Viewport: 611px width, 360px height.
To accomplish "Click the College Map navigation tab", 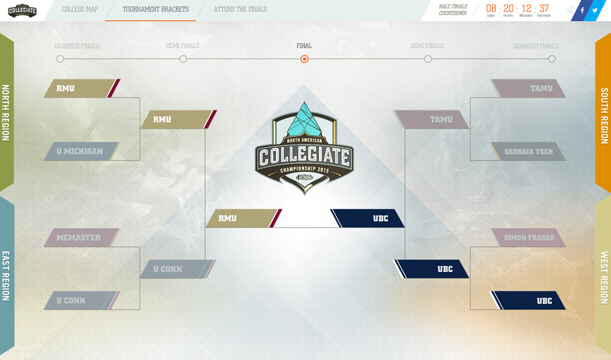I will click(80, 10).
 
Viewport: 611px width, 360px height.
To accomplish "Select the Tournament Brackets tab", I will click(156, 10).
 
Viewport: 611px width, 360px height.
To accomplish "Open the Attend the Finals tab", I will click(240, 10).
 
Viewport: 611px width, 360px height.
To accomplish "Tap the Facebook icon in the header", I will click(582, 10).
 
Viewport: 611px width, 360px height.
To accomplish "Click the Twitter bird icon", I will click(596, 10).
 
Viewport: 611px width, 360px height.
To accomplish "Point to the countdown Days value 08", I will click(491, 8).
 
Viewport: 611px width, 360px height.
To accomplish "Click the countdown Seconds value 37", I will click(544, 8).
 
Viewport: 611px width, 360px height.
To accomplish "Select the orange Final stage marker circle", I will click(304, 59).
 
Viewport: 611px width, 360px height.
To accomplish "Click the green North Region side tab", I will click(6, 113).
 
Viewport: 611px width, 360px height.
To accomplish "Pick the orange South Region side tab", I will click(604, 116).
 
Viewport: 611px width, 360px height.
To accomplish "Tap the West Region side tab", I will click(604, 276).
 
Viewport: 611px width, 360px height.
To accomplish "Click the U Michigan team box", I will click(80, 152).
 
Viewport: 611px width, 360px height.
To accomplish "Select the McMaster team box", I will click(80, 238).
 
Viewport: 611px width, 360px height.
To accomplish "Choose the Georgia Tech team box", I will click(527, 152).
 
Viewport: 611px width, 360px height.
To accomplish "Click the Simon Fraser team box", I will click(528, 238).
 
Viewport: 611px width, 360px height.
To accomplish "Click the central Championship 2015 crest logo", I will click(304, 148).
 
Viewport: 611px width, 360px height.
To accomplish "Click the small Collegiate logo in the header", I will click(22, 10).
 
